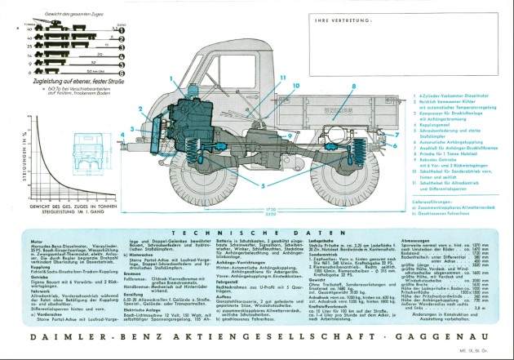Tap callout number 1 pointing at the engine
pos(171,78)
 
